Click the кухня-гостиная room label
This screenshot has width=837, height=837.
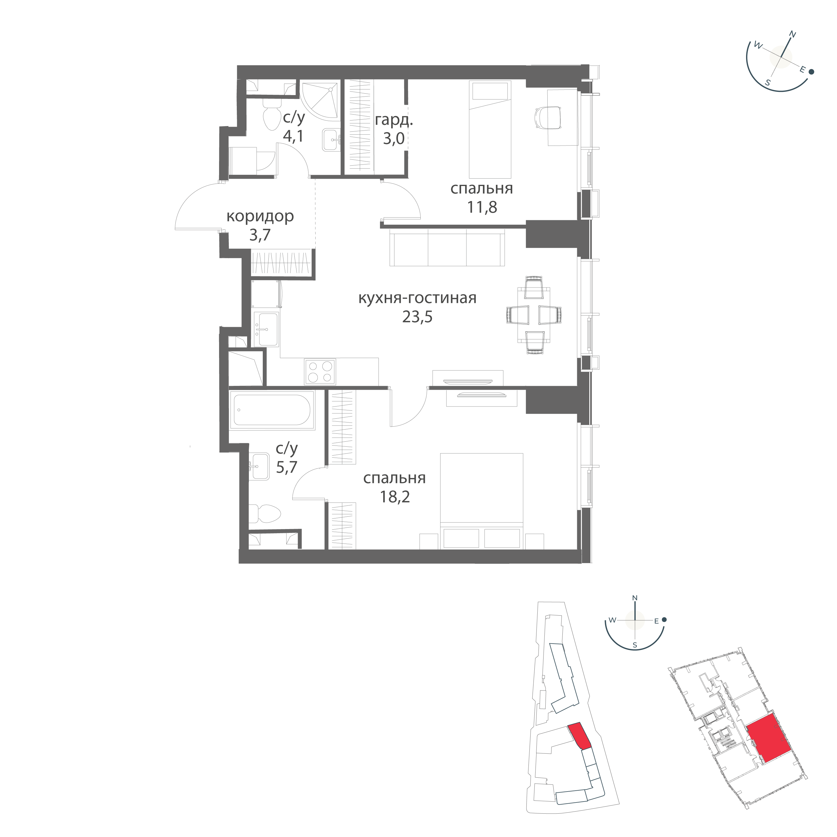(x=417, y=298)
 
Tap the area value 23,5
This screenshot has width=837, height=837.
(x=417, y=318)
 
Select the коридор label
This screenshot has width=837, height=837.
(x=261, y=216)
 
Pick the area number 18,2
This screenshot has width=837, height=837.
(x=394, y=497)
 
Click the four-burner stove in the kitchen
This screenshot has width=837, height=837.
(x=320, y=372)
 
